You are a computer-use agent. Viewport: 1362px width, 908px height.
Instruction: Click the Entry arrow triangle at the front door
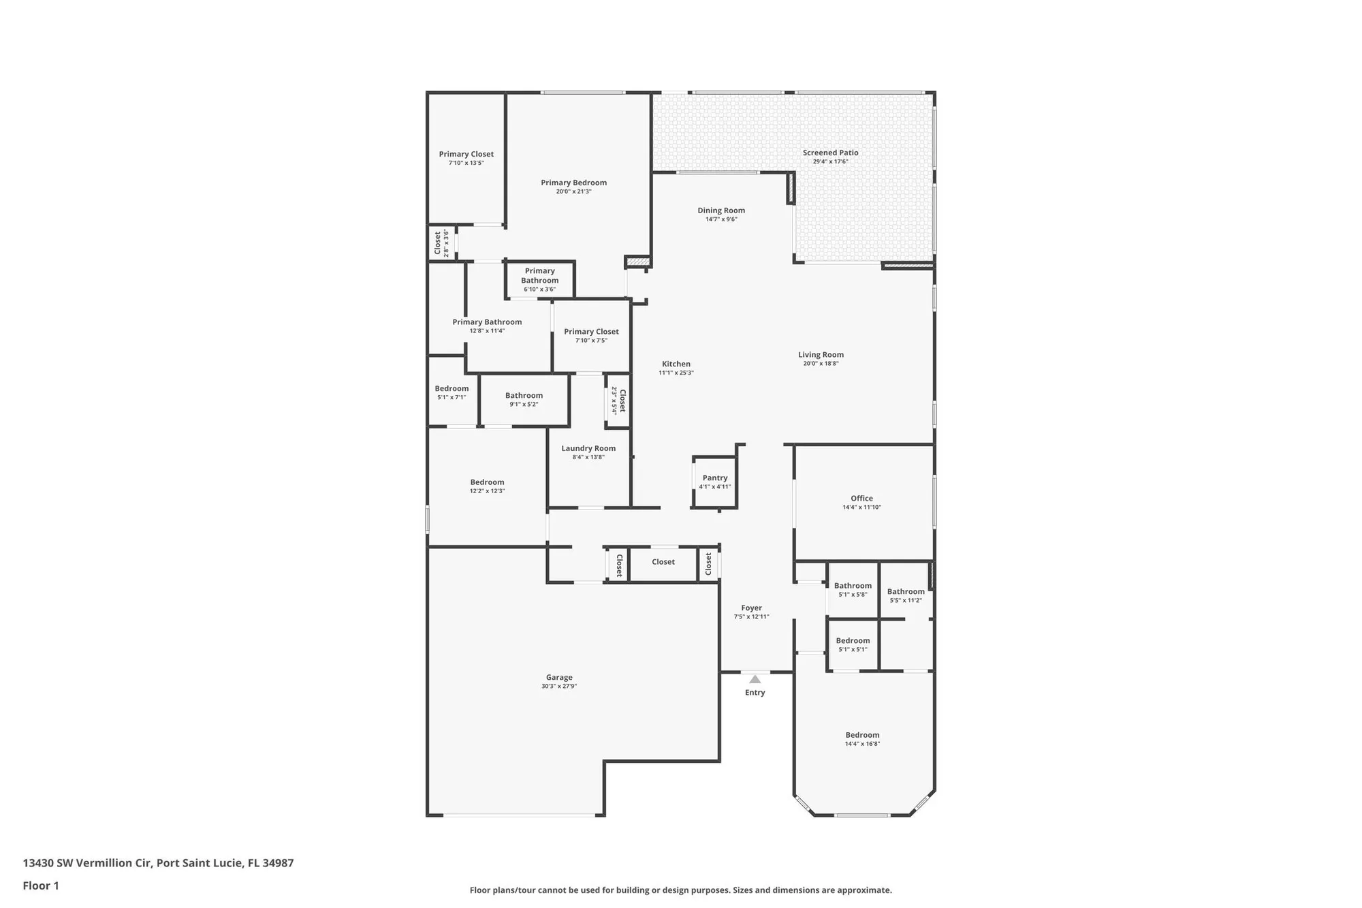pos(755,679)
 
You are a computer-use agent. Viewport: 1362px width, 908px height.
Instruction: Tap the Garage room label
pos(558,677)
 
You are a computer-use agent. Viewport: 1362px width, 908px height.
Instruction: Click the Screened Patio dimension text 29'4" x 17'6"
pos(830,161)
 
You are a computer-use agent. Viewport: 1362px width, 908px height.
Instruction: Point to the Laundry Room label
pos(588,448)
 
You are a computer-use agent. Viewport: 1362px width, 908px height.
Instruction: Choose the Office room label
pos(861,498)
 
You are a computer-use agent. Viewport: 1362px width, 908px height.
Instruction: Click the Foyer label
pos(751,608)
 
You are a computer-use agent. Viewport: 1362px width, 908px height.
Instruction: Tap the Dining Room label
pos(721,210)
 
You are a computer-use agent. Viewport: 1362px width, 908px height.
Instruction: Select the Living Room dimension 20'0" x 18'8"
pos(821,364)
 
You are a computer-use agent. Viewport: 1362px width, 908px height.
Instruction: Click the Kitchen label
pos(676,364)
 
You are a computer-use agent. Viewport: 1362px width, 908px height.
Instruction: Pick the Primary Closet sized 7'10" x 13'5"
pos(466,158)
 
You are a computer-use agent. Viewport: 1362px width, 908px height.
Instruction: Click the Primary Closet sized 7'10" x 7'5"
pos(591,335)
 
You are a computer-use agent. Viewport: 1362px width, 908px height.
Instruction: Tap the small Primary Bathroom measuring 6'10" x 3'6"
pos(539,279)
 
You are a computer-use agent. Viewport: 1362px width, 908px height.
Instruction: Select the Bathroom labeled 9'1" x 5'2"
pos(524,399)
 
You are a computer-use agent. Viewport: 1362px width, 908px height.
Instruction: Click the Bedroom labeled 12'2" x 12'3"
pos(487,486)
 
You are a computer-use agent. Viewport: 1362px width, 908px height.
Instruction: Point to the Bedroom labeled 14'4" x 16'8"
pos(862,738)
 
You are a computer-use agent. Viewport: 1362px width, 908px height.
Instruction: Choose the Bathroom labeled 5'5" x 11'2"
pos(906,595)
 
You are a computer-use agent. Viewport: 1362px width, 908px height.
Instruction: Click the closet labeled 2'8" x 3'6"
pos(441,243)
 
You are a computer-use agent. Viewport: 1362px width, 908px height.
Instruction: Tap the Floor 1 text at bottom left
pos(41,886)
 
